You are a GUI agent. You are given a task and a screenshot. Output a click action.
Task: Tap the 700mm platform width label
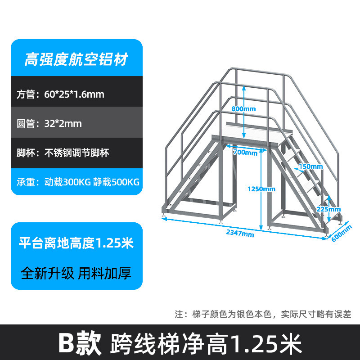tap(245, 153)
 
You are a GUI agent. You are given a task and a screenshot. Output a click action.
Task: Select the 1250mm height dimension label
tap(261, 189)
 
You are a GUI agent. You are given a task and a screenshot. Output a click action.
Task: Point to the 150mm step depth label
tap(310, 166)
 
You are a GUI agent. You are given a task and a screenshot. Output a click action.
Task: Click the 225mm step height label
tap(328, 209)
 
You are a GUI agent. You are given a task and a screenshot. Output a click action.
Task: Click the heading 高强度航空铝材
tap(76, 59)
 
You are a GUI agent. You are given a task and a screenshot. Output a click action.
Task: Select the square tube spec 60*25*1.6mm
tap(74, 94)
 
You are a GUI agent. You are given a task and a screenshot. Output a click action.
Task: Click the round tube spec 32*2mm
tap(63, 123)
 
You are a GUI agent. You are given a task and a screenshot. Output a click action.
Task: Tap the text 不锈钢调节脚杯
tap(76, 153)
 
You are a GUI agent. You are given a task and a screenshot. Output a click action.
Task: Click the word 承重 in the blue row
tap(27, 182)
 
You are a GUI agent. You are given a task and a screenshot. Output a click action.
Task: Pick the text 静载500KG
tap(116, 182)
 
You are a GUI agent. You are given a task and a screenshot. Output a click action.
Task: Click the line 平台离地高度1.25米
tap(76, 243)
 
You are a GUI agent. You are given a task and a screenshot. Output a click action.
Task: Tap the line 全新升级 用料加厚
tap(76, 273)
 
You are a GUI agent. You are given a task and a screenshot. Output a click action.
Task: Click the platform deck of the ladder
tap(252, 140)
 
